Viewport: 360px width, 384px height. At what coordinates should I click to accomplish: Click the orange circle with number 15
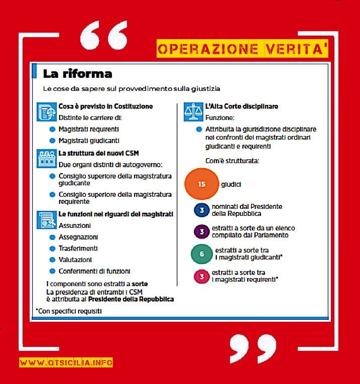point(202,184)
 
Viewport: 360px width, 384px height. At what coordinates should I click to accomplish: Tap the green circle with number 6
point(202,254)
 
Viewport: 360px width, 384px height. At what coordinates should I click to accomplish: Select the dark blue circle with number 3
point(201,210)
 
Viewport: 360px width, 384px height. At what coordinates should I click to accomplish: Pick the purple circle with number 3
point(201,231)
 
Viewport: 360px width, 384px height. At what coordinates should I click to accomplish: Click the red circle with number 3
point(201,276)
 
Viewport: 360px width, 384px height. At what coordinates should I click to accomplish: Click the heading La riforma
point(77,74)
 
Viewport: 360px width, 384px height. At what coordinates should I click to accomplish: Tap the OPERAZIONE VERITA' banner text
point(243,49)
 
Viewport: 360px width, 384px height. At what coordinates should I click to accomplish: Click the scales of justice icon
point(193,111)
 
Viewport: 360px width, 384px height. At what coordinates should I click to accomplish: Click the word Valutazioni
point(75,260)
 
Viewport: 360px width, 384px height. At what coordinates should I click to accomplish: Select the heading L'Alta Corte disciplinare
point(242,107)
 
